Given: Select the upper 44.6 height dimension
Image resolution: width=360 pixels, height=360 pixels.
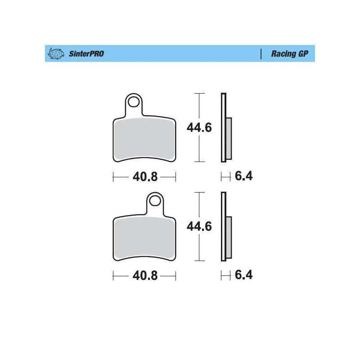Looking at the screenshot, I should click(x=199, y=128).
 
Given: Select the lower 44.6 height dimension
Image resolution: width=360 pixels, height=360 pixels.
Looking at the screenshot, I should click(x=199, y=226).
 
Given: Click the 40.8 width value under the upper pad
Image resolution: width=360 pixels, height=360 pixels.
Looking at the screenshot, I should click(x=144, y=177).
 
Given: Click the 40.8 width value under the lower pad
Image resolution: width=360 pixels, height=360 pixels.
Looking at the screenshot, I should click(x=144, y=276).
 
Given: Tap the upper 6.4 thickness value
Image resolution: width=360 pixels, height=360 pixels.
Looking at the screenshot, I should click(x=244, y=176).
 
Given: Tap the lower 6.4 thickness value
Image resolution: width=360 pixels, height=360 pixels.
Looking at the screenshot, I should click(x=244, y=275).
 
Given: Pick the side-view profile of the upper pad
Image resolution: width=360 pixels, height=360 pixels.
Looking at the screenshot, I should click(x=224, y=127).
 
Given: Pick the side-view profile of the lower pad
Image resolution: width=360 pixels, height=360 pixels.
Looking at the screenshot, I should click(x=224, y=226).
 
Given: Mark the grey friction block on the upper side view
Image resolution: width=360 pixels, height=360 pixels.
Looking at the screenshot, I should click(x=229, y=138).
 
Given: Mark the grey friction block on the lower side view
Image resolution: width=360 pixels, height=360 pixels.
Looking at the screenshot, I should click(x=229, y=238).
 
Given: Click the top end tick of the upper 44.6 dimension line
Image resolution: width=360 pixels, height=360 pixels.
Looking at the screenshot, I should click(x=199, y=94).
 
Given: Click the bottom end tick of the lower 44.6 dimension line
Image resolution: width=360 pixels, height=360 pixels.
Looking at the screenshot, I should click(x=199, y=261).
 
